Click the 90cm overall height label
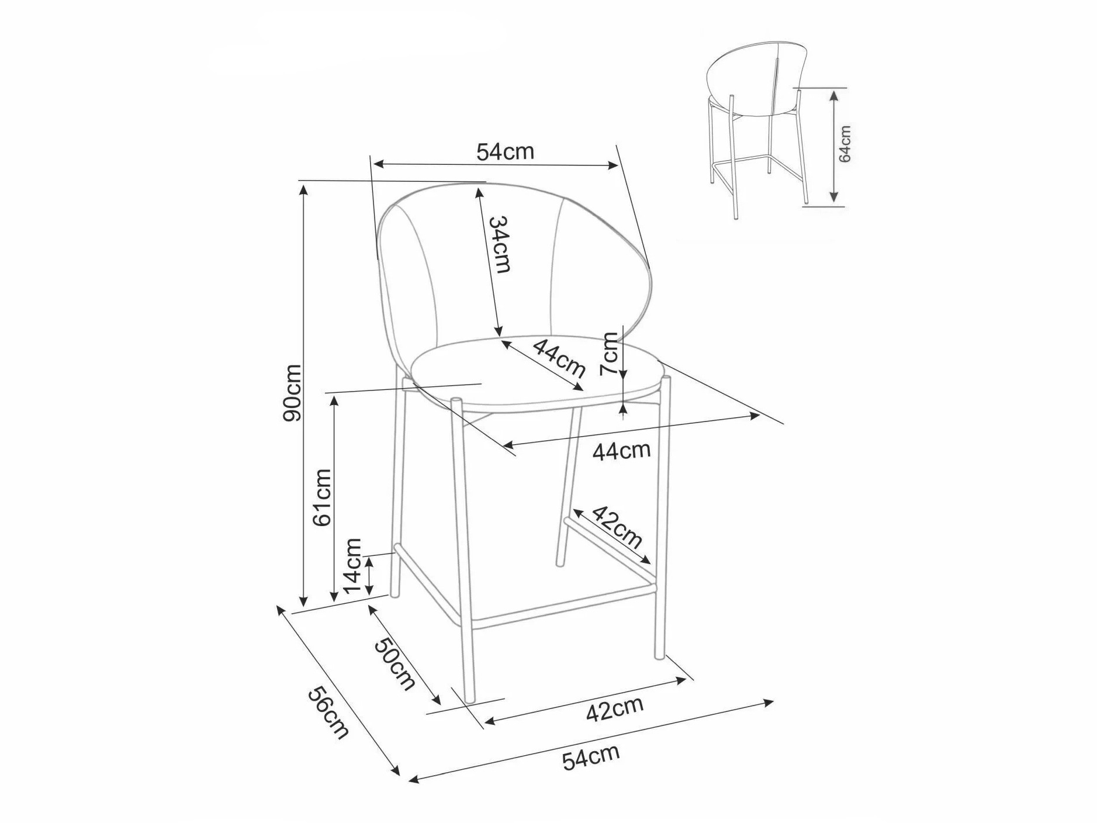coord(291,392)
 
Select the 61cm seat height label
coord(322,497)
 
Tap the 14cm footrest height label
coord(353,565)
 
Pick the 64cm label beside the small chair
coord(845,144)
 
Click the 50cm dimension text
coord(394,663)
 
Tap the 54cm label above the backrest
coord(506,152)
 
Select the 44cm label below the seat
coord(621,451)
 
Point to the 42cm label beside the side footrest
coord(617,527)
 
